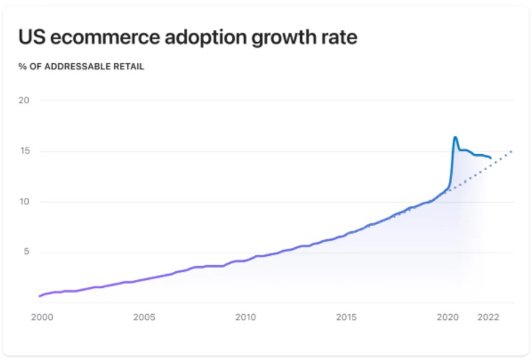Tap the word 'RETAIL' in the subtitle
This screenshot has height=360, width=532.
click(x=129, y=67)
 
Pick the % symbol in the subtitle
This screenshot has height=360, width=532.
click(x=22, y=67)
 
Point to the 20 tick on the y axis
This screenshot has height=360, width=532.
click(x=24, y=101)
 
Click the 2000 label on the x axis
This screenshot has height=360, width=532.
click(x=41, y=317)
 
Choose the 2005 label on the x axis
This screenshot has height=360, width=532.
click(x=144, y=317)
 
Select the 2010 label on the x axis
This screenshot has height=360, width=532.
click(x=245, y=317)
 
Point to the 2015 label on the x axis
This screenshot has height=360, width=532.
click(x=347, y=317)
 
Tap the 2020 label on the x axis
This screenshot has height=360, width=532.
click(x=448, y=317)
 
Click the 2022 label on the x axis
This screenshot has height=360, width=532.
click(x=489, y=317)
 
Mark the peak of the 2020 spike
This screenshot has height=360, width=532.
click(x=455, y=137)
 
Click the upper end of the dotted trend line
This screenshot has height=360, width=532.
click(x=512, y=151)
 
